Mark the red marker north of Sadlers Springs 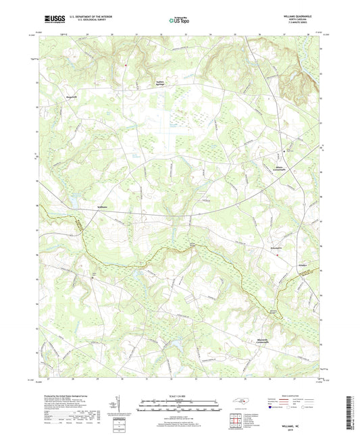(x=126, y=65)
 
